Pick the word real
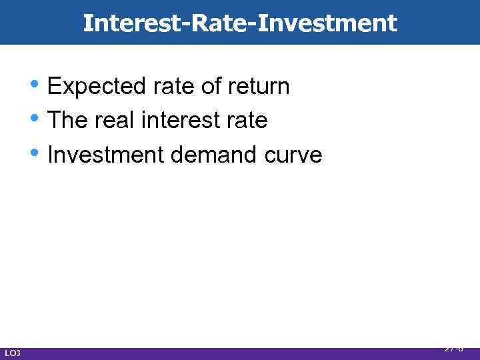tap(113, 121)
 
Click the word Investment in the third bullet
tap(106, 155)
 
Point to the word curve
tap(293, 155)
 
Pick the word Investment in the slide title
tap(327, 23)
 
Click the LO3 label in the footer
tap(13, 353)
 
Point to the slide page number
tap(454, 348)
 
